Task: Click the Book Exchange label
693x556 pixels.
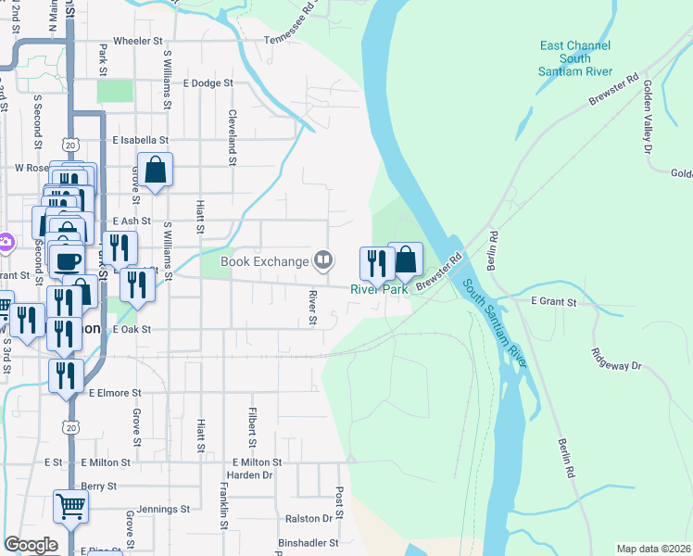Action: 263,261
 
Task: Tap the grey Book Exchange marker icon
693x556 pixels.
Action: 323,260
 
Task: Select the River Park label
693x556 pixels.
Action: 379,289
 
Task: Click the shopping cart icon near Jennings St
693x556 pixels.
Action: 70,506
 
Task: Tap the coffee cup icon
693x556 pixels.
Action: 68,261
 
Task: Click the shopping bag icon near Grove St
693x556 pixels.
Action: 156,170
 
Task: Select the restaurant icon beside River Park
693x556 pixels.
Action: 376,263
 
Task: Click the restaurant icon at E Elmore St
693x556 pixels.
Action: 67,375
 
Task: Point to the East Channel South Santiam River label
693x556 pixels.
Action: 575,58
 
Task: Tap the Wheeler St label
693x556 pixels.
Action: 137,42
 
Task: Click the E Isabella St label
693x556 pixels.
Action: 140,141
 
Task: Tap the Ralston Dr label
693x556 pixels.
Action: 309,518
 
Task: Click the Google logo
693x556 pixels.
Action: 31,545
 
